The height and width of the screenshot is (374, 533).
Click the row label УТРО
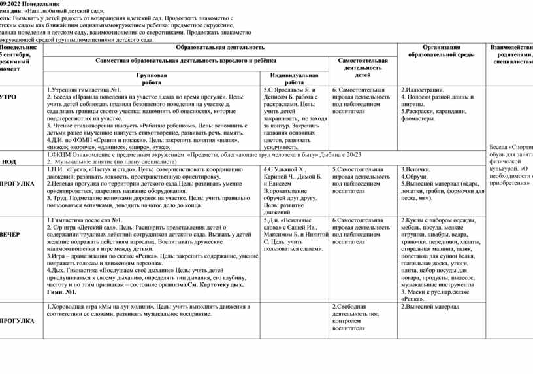[x=8, y=96]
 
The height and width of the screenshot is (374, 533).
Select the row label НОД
[x=10, y=161]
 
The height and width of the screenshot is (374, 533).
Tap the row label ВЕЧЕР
[x=11, y=233]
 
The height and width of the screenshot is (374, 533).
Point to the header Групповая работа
[x=152, y=79]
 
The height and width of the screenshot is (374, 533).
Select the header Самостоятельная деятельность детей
[x=362, y=67]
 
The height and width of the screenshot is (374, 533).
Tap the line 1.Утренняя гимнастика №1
[x=85, y=89]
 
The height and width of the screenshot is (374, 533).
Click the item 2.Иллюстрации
[x=423, y=89]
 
